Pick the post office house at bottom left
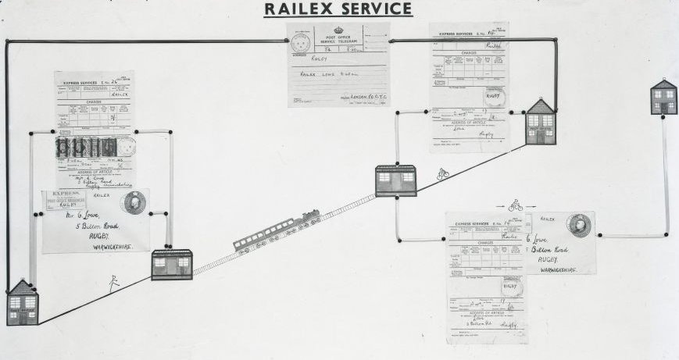pos(23,303)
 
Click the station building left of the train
pos(172,265)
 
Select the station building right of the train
pos(395,180)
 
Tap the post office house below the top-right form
pos(541,122)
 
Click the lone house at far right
pos(664,97)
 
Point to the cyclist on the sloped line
pos(443,173)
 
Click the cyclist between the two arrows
pos(515,205)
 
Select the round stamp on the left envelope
pos(133,202)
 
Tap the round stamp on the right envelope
pos(579,225)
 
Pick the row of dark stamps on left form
pos(86,147)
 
